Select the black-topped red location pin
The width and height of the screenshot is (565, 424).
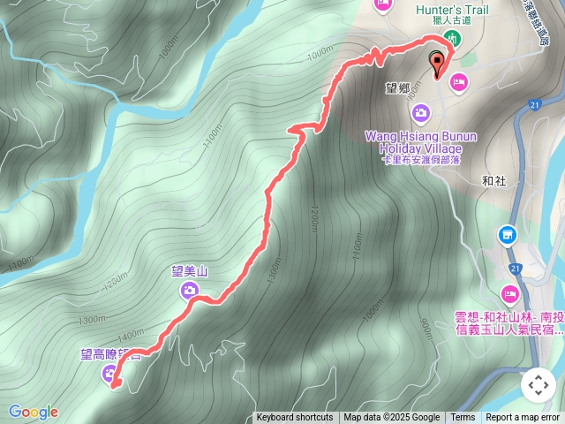tap(438, 63)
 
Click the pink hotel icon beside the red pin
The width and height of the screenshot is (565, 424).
tap(459, 82)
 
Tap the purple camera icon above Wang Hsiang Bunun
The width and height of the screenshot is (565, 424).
tap(421, 112)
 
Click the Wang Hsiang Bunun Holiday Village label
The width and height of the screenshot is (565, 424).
tap(420, 142)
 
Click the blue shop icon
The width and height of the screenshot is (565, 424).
tap(508, 235)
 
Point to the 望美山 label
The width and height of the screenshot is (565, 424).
tap(189, 273)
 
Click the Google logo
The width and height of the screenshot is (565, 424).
tap(34, 412)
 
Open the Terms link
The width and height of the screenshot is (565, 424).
tap(463, 418)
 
